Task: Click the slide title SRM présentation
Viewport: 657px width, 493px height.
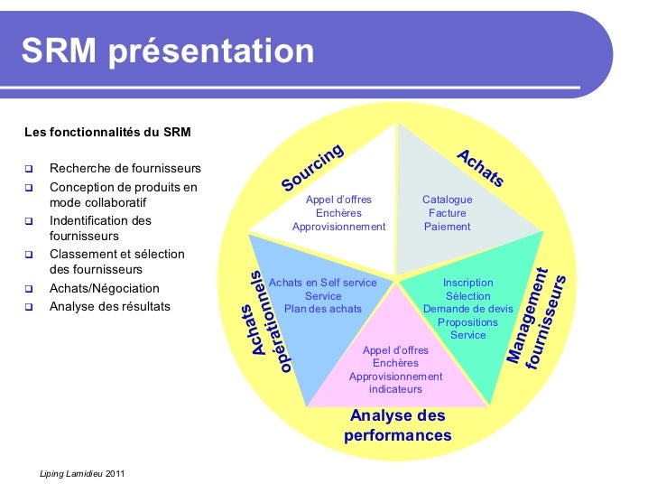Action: tap(168, 51)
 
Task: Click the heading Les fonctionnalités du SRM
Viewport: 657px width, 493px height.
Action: tap(107, 133)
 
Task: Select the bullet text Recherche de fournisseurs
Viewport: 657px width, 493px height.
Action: tap(125, 169)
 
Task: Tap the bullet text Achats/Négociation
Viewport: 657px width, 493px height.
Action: tap(105, 289)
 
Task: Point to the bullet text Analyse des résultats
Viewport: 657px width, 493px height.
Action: tap(110, 306)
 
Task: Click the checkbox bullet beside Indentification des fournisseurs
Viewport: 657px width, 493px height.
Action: tap(29, 221)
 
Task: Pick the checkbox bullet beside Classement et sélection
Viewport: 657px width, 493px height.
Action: tap(29, 255)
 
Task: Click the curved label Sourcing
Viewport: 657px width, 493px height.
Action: tap(312, 168)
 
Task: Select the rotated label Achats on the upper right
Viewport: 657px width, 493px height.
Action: tap(480, 169)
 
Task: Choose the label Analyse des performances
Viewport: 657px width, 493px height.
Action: tap(397, 425)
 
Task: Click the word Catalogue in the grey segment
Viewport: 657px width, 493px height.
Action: tap(447, 200)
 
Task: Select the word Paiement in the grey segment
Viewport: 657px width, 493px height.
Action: tap(448, 227)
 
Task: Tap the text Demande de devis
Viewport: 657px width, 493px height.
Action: tap(467, 309)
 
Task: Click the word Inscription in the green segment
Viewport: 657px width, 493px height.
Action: tap(467, 283)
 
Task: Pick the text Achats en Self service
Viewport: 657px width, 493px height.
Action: tap(323, 283)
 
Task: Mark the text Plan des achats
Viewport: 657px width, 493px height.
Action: tap(323, 309)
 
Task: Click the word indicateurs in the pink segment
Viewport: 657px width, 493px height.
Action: tap(395, 389)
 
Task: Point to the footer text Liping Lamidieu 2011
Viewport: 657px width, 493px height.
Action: tap(83, 474)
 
